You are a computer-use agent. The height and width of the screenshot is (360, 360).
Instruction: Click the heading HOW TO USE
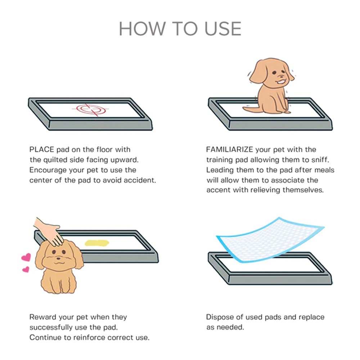point(180,29)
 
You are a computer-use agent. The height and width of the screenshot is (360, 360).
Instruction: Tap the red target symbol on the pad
point(91,109)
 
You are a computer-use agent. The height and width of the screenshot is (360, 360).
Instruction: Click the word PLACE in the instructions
point(41,149)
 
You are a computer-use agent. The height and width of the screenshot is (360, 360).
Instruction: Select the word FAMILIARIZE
point(229,149)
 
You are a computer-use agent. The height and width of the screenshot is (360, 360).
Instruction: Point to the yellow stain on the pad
point(96,243)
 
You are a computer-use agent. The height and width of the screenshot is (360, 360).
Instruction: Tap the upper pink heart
point(26,257)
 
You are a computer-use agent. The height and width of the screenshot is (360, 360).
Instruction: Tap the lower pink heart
point(26,269)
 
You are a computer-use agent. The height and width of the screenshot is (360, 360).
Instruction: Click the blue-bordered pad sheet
point(270,240)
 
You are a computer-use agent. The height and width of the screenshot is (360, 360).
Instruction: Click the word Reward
point(43,317)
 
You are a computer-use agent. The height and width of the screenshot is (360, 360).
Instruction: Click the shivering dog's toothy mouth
point(282,81)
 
